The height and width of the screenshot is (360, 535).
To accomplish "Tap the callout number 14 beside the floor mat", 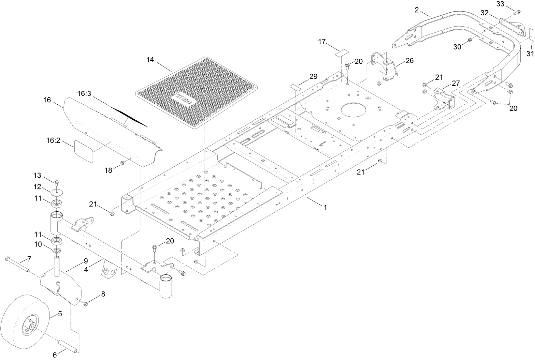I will [150, 60].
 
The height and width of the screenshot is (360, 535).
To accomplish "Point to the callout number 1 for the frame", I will [325, 207].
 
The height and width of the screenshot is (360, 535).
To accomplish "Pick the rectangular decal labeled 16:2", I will [84, 151].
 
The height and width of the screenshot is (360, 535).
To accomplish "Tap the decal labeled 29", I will [296, 86].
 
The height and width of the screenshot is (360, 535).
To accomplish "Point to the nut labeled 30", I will [470, 40].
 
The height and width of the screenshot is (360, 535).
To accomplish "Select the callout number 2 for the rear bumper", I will [417, 10].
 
